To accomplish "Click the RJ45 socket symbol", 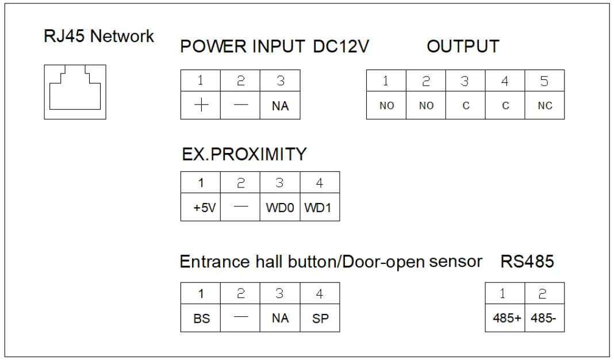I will coord(75,91).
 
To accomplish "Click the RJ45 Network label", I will coord(99,36).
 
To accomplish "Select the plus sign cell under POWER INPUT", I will coord(200,106).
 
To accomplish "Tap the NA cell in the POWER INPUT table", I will coord(280,106).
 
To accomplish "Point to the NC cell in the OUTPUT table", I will coord(544,106).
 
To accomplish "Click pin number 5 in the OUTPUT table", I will coord(544,81).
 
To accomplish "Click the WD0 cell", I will coord(280,208).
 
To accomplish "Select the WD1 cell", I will coord(320,208).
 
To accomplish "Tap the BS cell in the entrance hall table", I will coord(201,319).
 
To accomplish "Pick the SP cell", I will coord(320,319).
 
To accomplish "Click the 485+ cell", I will coord(506,319).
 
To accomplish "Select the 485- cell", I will coord(544,319).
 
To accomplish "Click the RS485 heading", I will coord(527,262).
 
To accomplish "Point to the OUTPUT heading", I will coord(463,47).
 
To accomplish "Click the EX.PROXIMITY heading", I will coord(244,154).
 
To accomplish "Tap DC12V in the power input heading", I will coord(340,47).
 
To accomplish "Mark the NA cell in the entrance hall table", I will coord(280,319).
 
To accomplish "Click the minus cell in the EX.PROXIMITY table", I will coord(240,208).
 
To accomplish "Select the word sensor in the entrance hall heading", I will coord(455,262).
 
